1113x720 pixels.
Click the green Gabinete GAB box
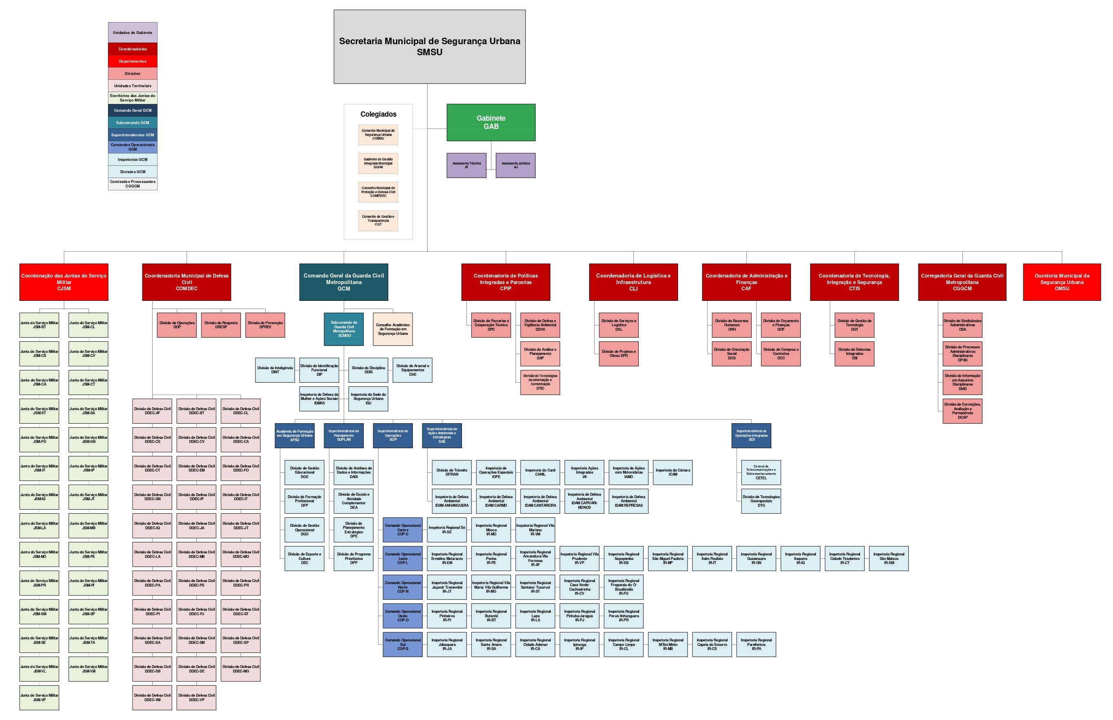491,122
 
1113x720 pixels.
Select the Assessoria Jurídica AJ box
516,165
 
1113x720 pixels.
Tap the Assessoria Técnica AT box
466,165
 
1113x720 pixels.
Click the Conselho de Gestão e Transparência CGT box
378,221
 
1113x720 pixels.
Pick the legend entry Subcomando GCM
133,122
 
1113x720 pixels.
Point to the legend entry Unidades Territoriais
133,86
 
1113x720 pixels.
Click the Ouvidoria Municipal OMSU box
1061,282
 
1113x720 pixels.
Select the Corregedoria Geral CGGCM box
962,282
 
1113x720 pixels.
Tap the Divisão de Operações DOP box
177,325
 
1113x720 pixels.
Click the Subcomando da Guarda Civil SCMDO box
344,329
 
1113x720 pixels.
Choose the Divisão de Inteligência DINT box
275,370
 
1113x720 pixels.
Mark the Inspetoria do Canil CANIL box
540,472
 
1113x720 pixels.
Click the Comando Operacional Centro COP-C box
403,530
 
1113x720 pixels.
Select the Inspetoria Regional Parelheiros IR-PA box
756,644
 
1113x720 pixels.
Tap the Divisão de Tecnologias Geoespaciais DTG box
761,501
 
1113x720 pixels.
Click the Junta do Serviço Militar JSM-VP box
39,697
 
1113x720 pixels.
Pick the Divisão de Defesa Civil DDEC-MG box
241,669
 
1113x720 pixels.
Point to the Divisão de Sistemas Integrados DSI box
854,354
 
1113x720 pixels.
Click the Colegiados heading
378,114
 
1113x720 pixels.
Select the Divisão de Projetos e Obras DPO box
619,354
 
